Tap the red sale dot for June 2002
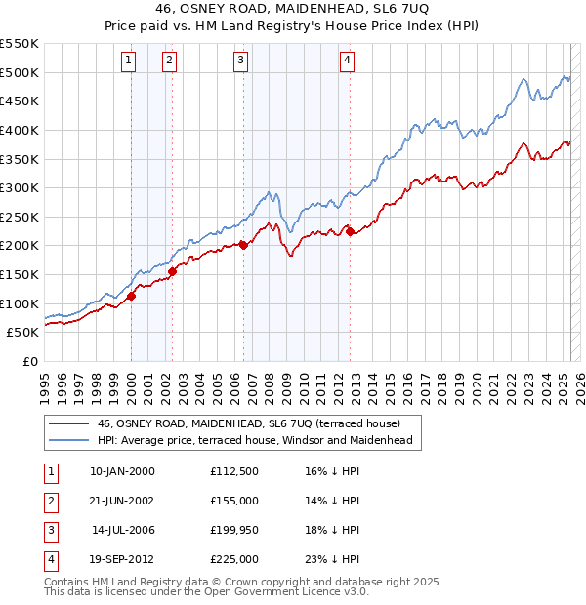click(x=172, y=271)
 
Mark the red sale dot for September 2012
click(x=351, y=231)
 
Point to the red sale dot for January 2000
click(x=131, y=296)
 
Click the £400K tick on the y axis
click(x=19, y=130)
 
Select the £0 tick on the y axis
click(x=29, y=361)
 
